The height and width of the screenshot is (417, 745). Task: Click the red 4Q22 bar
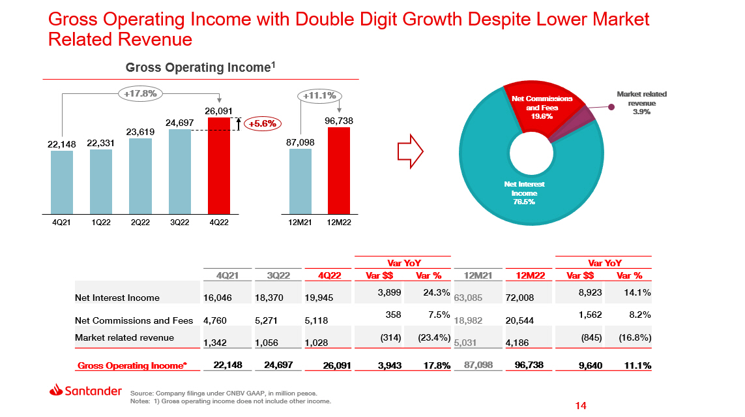(219, 166)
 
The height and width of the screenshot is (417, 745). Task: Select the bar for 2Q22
(141, 176)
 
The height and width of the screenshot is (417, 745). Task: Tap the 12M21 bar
(300, 181)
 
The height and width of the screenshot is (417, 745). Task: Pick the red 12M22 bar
(339, 170)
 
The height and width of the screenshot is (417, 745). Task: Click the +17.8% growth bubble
(140, 93)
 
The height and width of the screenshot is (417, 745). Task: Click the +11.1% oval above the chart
(320, 96)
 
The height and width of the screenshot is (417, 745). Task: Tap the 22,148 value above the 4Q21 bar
(63, 144)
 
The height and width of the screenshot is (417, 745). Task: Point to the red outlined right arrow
(411, 152)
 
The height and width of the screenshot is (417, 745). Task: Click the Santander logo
(85, 390)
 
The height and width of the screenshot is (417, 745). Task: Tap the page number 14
(581, 406)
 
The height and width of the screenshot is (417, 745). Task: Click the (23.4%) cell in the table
(430, 337)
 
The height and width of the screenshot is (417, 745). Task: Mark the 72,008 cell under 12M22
(519, 298)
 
